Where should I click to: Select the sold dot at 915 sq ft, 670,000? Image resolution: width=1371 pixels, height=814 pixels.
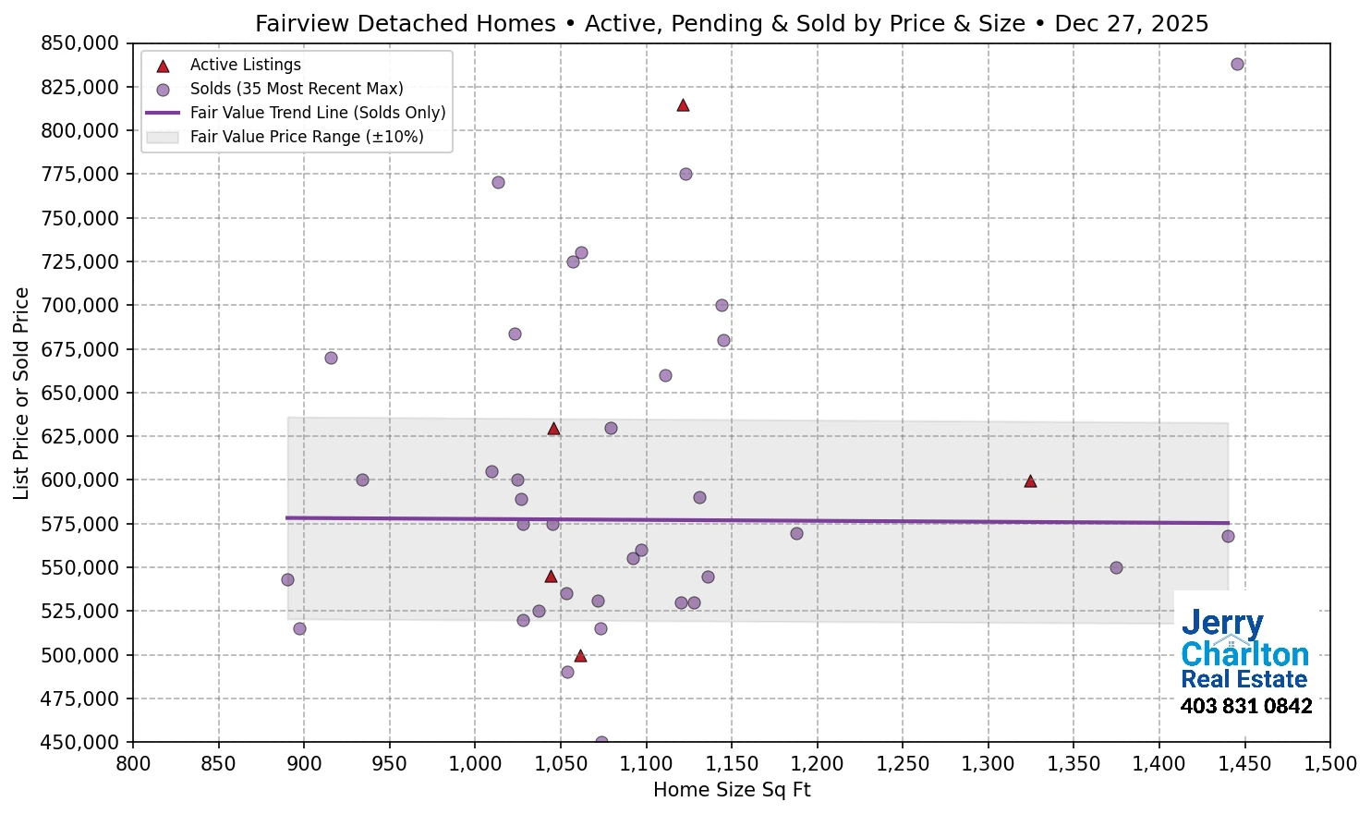point(331,358)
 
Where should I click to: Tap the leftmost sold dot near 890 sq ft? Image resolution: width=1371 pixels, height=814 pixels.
point(287,579)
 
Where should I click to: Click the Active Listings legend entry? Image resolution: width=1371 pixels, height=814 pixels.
point(245,65)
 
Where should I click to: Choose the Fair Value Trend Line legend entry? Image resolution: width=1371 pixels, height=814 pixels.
point(317,113)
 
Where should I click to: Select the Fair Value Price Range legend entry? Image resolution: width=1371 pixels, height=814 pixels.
point(306,137)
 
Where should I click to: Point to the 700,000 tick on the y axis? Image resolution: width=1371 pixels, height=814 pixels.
point(80,306)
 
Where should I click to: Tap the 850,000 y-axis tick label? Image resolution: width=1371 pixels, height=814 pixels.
point(80,43)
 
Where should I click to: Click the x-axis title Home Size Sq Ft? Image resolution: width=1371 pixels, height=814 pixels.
point(731,790)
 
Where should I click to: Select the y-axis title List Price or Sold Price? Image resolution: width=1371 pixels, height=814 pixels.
point(21,393)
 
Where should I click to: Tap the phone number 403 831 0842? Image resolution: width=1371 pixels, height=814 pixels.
point(1245,707)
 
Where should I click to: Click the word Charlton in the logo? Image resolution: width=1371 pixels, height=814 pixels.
point(1244,654)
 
